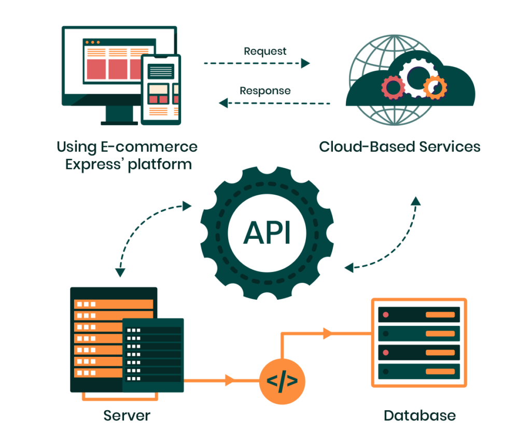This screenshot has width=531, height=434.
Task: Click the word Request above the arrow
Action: (x=265, y=51)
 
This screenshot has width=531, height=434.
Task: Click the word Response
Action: (x=265, y=91)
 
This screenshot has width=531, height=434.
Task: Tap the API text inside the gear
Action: (x=267, y=233)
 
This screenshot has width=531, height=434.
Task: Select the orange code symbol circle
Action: (x=282, y=381)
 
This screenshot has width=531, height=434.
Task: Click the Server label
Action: (x=127, y=415)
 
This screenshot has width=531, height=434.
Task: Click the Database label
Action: (x=420, y=415)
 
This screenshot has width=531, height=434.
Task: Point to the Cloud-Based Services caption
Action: (x=399, y=147)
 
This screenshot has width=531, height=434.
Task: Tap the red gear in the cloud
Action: (x=393, y=87)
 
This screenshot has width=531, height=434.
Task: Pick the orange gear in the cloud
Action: (x=435, y=88)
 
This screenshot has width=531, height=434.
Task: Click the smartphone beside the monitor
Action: (x=162, y=89)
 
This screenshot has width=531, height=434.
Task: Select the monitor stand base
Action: (x=119, y=123)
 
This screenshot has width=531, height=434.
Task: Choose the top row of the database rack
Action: (x=419, y=314)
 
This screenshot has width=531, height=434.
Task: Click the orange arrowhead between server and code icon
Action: (x=229, y=381)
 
